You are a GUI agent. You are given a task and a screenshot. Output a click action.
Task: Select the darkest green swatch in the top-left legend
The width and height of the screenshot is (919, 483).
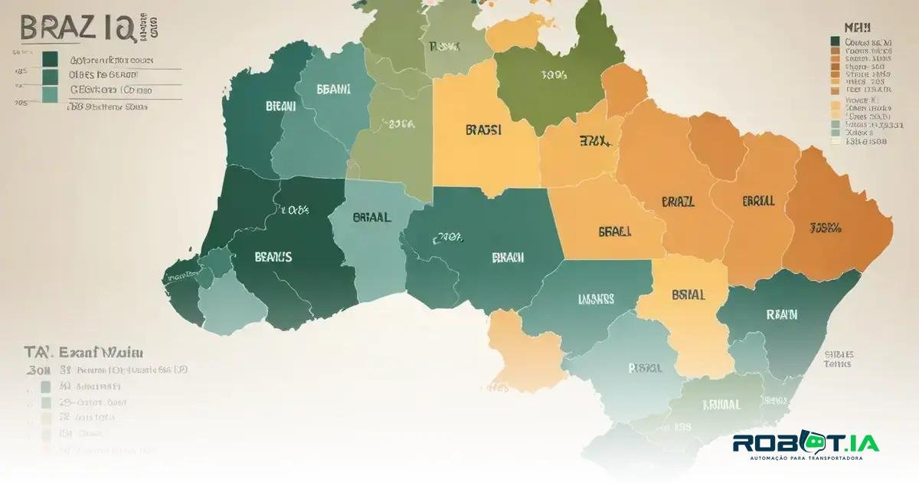click(x=51, y=59)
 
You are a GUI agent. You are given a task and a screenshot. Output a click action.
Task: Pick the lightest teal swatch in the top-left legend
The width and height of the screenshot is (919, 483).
click(x=51, y=94)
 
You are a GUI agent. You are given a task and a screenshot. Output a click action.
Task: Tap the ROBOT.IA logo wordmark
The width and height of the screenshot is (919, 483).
click(x=805, y=443)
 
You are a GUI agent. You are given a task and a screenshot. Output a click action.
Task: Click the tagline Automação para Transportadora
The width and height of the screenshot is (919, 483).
click(x=806, y=458)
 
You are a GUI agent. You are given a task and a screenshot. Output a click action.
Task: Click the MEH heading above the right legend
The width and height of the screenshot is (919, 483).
click(x=852, y=26)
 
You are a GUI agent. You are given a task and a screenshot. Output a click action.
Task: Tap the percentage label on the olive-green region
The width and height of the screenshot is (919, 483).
click(x=554, y=75)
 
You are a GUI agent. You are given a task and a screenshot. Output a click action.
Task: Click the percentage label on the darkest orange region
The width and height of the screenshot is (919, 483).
click(x=826, y=227)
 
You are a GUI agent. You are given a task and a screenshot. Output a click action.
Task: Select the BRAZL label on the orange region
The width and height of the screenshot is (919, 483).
click(x=677, y=202)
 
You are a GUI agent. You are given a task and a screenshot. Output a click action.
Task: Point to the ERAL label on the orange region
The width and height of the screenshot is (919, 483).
click(x=758, y=201)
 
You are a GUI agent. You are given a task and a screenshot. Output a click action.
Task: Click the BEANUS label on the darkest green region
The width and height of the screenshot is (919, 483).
click(x=273, y=258)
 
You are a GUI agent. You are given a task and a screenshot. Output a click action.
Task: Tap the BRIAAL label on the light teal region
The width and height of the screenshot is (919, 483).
click(x=372, y=217)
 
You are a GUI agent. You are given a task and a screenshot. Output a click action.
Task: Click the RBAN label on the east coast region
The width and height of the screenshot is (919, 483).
click(x=781, y=314)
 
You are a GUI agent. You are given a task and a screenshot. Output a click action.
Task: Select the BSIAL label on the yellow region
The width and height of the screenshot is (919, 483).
click(x=688, y=294)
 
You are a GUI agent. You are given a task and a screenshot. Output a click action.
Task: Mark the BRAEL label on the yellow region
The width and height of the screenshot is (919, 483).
click(x=614, y=229)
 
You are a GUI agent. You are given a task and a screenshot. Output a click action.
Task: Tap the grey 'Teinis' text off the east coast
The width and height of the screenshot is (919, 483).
click(x=837, y=365)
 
